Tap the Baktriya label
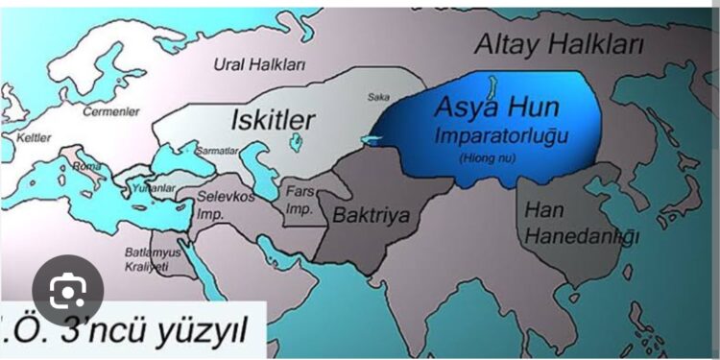371,216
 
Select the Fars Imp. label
300,200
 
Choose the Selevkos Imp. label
223,200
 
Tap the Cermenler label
104,111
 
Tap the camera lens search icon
66,289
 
